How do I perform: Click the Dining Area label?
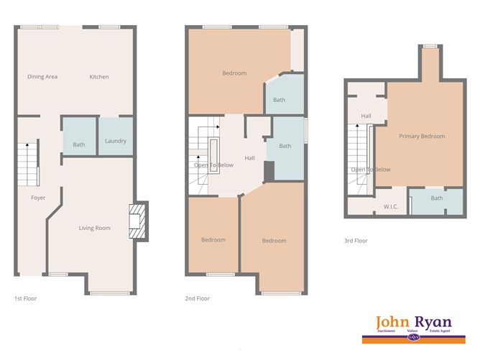click(42, 77)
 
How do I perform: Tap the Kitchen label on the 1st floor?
click(99, 77)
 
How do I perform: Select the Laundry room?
click(116, 141)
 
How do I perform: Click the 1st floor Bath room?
click(79, 145)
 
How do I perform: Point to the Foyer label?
click(38, 198)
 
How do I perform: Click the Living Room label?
click(95, 229)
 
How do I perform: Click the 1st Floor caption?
click(26, 297)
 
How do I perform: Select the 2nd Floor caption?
click(198, 297)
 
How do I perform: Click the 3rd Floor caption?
click(356, 241)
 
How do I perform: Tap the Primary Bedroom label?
click(423, 137)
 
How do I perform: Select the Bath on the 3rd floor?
click(437, 198)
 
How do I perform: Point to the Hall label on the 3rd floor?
click(366, 116)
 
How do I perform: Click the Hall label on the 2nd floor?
click(249, 158)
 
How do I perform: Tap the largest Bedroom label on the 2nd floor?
click(234, 73)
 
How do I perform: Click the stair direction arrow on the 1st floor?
click(27, 147)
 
